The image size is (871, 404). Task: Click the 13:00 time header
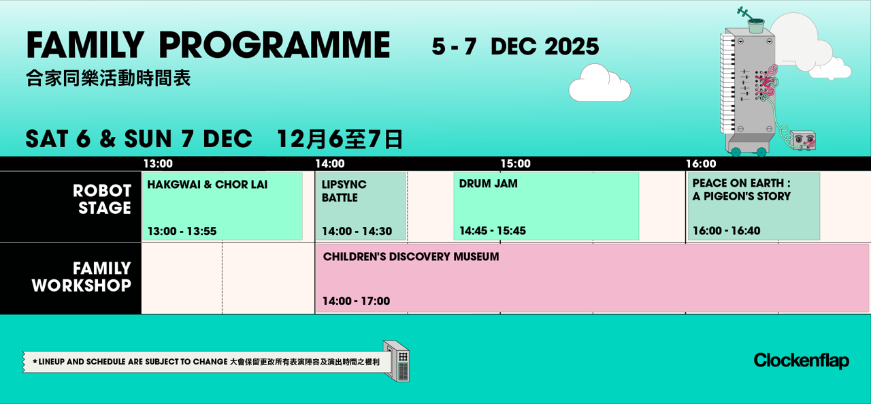[x=158, y=164]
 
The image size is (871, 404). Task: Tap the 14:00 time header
[x=330, y=164]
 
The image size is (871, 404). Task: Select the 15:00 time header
[x=515, y=164]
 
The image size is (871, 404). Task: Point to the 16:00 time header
[x=701, y=164]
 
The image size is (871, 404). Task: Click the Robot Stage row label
[x=102, y=200]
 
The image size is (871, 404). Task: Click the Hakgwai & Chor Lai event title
[x=207, y=185]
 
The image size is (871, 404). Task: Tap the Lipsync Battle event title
[x=344, y=191]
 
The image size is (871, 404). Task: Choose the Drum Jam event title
[x=488, y=184]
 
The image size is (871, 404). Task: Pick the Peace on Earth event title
[x=741, y=189]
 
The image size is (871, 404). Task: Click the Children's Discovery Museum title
[x=410, y=257]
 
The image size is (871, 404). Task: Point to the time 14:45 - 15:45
[x=492, y=231]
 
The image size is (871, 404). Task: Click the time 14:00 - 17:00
[x=356, y=301]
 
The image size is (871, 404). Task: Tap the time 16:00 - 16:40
[x=726, y=231]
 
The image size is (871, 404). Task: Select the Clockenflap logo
[x=801, y=360]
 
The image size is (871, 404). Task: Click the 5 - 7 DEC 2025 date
[x=515, y=46]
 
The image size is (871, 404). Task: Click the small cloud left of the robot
[x=599, y=84]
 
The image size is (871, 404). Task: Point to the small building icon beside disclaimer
[x=397, y=360]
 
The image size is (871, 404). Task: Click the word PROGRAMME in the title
[x=274, y=46]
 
